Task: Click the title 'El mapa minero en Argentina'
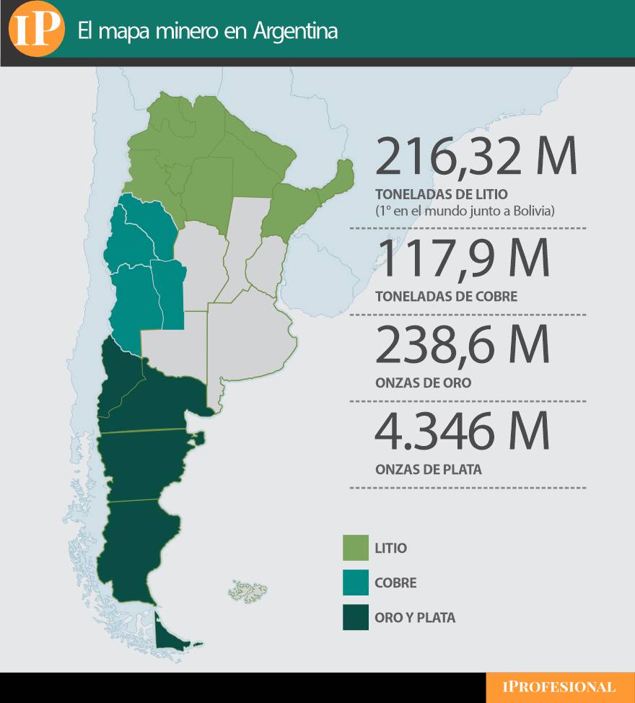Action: pos(207,32)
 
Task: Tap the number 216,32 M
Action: pos(476,157)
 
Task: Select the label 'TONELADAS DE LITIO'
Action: pos(442,195)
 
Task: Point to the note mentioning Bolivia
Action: pos(465,211)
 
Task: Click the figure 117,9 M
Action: pos(462,259)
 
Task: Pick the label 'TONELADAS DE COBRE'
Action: pos(446,297)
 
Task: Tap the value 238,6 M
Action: pos(462,346)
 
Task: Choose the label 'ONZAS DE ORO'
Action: pos(423,383)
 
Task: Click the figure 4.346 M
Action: pos(462,432)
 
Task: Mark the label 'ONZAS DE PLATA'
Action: pos(428,470)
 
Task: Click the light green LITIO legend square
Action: pos(355,548)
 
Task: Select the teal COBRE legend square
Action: pos(355,582)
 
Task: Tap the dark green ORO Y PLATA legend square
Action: pos(355,617)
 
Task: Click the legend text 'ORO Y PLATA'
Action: pos(415,618)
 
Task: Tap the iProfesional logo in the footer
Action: pos(559,687)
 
